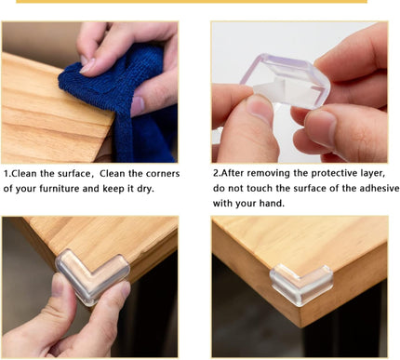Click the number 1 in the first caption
(7, 174)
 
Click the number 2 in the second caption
(216, 174)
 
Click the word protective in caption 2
(330, 174)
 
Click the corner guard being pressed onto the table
(88, 274)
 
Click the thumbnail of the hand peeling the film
(299, 92)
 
